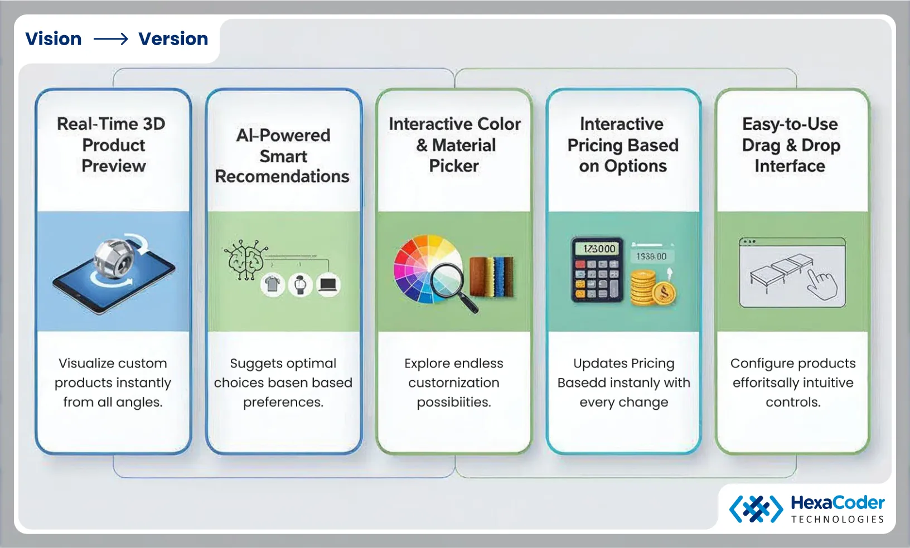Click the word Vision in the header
[x=54, y=39]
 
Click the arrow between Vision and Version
[x=110, y=39]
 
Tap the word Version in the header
[x=173, y=39]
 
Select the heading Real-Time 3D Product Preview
[x=113, y=145]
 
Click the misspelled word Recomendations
[x=282, y=177]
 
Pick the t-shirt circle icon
[x=273, y=285]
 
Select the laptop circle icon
[x=328, y=285]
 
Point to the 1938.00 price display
[x=651, y=256]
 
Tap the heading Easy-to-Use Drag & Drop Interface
[x=791, y=145]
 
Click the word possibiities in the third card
[x=453, y=402]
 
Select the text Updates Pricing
[x=623, y=363]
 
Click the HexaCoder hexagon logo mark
[x=756, y=508]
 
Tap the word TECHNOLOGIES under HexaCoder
[x=838, y=520]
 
